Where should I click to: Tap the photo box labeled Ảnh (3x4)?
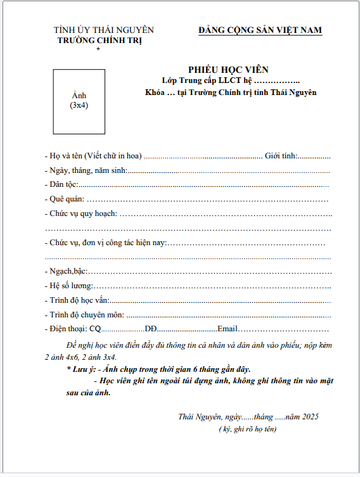point(79,101)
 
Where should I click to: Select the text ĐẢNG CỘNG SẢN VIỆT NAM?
point(260,30)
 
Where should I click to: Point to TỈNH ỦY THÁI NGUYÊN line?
point(104,30)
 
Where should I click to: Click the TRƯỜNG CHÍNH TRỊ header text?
point(100,40)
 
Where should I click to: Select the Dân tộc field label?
point(63,184)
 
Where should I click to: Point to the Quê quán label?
point(64,199)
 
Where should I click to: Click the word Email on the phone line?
point(227,329)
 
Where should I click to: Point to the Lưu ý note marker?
point(82,369)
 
